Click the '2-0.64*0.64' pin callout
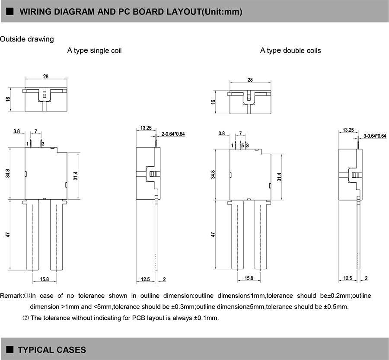[x=173, y=134]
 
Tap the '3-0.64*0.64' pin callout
[x=375, y=136]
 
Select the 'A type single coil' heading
[x=94, y=51]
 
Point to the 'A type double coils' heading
[x=290, y=51]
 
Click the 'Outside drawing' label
[x=27, y=39]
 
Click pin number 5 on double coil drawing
[x=242, y=146]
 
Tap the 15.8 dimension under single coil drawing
[x=45, y=279]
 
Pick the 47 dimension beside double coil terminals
[x=213, y=235]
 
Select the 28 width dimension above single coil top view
[x=46, y=76]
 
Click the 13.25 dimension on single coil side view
[x=146, y=128]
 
